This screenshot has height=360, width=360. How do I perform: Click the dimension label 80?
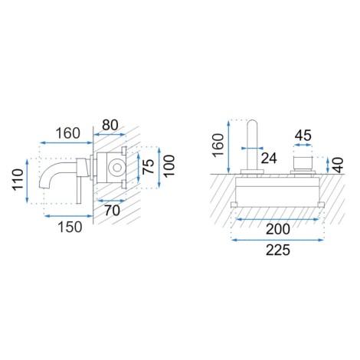[x=110, y=125]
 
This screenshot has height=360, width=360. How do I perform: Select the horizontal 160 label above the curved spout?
[x=68, y=133]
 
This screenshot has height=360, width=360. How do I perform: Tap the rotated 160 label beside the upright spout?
[x=218, y=145]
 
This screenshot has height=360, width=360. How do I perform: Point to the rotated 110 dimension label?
[x=18, y=179]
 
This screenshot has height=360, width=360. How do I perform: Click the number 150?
[x=70, y=227]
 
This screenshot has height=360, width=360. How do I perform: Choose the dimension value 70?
[x=113, y=211]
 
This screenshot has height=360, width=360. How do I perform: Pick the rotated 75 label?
[x=148, y=166]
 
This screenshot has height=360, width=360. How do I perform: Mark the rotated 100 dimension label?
[x=169, y=166]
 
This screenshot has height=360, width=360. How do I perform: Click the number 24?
[x=269, y=159]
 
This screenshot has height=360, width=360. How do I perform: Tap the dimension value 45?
[x=303, y=136]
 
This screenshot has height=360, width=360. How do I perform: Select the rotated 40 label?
[x=338, y=165]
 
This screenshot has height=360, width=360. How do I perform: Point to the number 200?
[x=278, y=229]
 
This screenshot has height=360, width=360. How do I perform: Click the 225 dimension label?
[x=278, y=250]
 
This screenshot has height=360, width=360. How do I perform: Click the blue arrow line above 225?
[x=277, y=240]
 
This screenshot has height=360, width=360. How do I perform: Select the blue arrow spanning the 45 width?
[x=303, y=145]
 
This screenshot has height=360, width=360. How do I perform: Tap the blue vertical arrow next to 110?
[x=27, y=181]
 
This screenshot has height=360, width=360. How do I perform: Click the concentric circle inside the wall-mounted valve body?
[x=116, y=168]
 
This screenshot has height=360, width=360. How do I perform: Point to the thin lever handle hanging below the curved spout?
[x=79, y=190]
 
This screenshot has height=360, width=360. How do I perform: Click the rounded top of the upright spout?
[x=252, y=123]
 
